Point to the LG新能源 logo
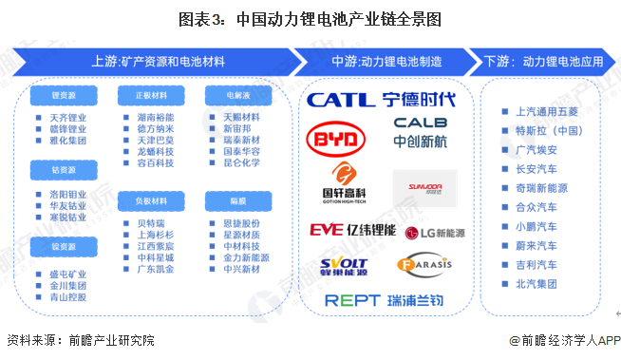(435, 232)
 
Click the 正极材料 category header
(142, 96)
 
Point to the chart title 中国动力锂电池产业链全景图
(310, 18)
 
